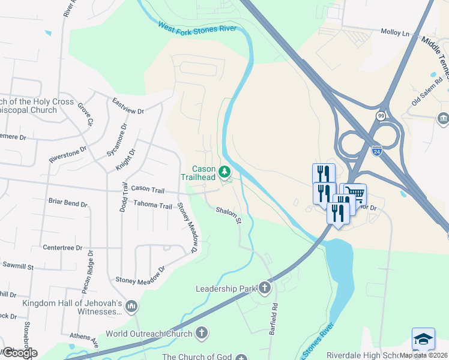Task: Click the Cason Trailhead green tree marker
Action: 225,172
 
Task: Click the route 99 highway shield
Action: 381,115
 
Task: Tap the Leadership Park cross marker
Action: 265,289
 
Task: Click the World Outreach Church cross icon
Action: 202,333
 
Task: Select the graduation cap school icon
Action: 423,339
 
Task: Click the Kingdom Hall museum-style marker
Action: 131,308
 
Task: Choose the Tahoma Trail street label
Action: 153,206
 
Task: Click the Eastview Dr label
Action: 128,106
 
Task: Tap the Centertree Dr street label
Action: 62,247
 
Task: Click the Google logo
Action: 19,352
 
